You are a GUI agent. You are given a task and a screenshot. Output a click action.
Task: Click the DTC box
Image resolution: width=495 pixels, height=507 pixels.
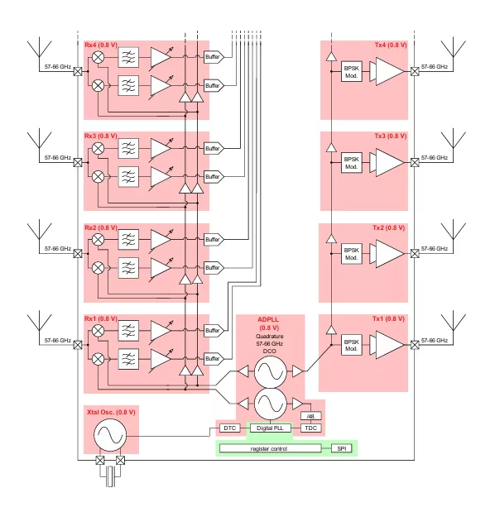click(x=230, y=428)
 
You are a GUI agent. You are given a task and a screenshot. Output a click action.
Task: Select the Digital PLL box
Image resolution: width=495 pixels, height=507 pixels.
click(x=270, y=428)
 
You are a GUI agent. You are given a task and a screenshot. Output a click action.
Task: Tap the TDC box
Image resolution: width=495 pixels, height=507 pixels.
click(x=310, y=428)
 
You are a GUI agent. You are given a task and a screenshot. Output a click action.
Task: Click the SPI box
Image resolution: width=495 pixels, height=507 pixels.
click(x=341, y=448)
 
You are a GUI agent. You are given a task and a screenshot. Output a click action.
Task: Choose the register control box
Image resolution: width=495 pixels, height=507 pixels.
click(x=270, y=448)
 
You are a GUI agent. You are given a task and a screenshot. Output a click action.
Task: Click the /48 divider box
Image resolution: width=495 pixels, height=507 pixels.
click(x=310, y=416)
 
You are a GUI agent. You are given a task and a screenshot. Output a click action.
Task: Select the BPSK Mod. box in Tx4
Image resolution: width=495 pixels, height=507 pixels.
click(x=351, y=71)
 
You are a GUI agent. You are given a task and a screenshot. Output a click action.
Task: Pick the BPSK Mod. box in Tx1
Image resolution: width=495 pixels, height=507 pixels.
click(x=351, y=345)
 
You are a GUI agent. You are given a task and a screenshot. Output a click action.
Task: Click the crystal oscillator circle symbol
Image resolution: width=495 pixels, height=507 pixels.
click(x=110, y=435)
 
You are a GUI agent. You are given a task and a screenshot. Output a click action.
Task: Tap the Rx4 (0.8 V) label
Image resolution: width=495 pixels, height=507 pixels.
click(x=101, y=45)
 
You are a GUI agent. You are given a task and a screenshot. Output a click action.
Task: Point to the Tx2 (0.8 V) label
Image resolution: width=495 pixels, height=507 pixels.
click(x=388, y=227)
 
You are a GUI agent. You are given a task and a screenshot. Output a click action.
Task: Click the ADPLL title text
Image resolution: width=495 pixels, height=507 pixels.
click(x=268, y=319)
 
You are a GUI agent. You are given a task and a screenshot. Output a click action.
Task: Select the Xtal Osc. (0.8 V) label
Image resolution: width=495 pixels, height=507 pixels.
click(x=111, y=412)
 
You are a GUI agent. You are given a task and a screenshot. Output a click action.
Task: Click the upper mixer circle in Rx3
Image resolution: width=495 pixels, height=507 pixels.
click(x=98, y=148)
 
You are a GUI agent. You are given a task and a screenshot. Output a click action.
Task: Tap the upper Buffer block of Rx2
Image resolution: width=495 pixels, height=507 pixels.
click(x=214, y=240)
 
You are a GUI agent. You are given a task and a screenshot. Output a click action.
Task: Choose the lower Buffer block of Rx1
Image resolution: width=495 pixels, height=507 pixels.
click(x=214, y=359)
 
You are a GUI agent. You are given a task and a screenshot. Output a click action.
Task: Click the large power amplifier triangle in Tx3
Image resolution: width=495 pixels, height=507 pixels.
click(x=390, y=163)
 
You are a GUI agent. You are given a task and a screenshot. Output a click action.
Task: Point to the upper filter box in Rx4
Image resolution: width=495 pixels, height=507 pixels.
click(x=128, y=57)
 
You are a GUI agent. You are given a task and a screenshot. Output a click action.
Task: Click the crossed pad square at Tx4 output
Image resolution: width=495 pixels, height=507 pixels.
click(x=415, y=71)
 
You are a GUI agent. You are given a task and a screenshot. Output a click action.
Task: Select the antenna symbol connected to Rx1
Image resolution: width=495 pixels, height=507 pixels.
click(x=39, y=327)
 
